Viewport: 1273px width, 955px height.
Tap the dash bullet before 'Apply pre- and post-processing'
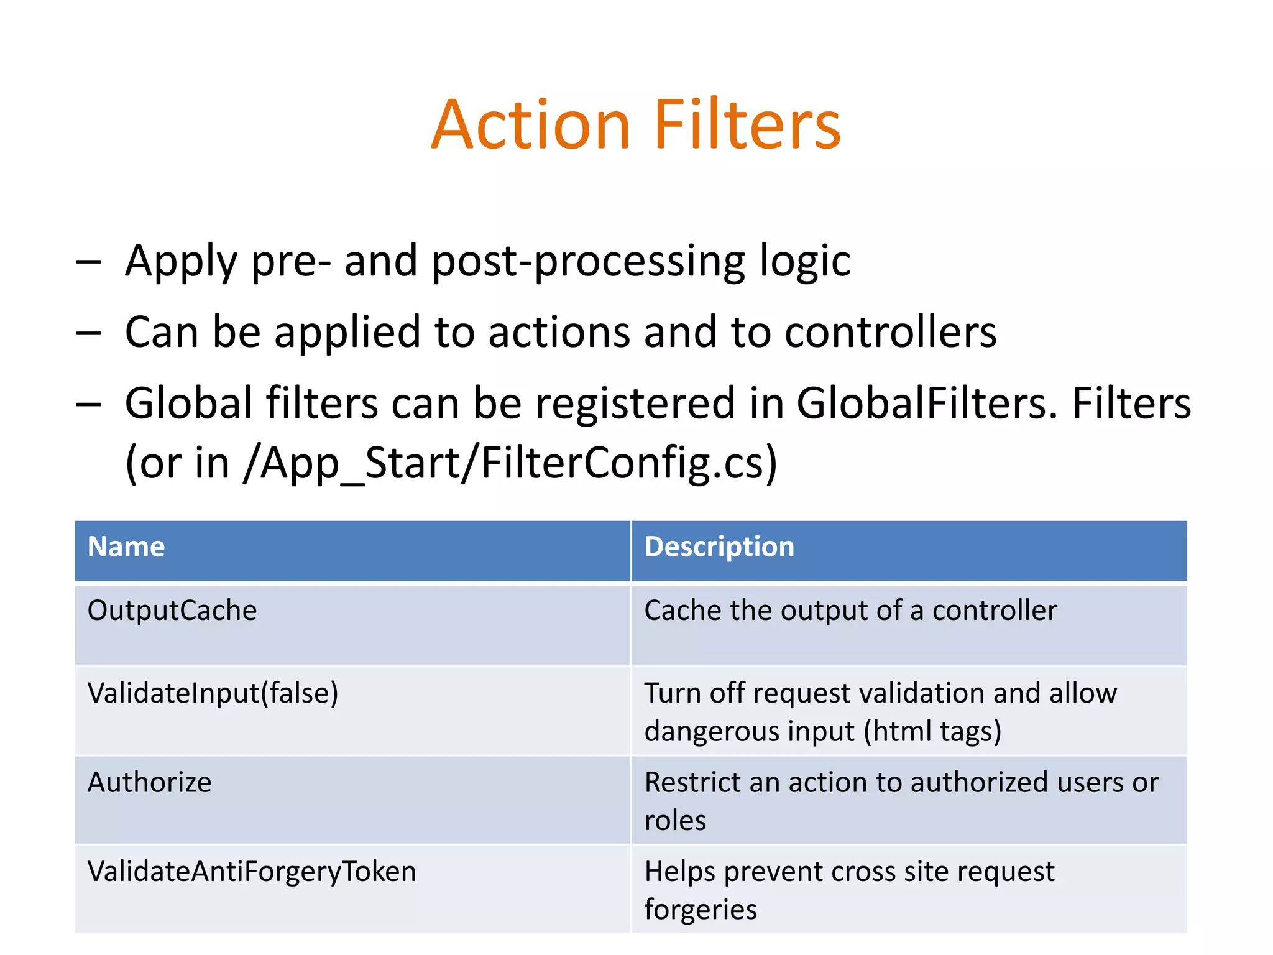coord(88,262)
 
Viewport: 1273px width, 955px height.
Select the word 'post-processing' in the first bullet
coord(588,262)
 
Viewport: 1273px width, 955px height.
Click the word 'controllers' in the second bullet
coord(890,332)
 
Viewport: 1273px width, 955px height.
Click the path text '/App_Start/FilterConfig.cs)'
coord(510,463)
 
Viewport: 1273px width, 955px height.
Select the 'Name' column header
coord(126,547)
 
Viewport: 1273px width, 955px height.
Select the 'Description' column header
coord(719,547)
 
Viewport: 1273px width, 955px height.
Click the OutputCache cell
coord(172,611)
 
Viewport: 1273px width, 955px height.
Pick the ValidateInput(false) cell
coord(213,693)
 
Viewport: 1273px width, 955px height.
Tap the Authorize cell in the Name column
coord(149,782)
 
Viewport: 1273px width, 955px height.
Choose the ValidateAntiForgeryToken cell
coord(252,872)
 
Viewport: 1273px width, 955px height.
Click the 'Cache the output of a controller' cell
coord(850,611)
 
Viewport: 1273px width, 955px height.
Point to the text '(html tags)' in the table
coord(932,731)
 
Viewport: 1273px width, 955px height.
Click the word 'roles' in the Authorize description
coord(675,821)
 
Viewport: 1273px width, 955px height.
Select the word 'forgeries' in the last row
coord(701,910)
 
